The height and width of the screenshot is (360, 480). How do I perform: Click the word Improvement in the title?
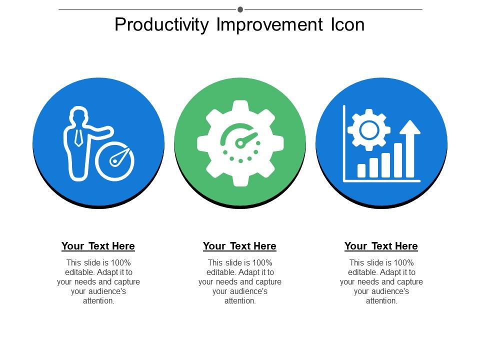tap(269, 24)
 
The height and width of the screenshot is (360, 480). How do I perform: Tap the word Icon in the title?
tap(347, 24)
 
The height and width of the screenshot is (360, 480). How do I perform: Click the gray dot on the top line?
tap(240, 9)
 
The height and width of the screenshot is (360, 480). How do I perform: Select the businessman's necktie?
tap(78, 136)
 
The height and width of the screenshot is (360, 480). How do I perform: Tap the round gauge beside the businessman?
tap(115, 161)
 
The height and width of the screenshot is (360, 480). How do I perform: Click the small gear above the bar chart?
tap(369, 130)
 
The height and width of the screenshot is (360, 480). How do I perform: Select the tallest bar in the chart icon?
tap(398, 160)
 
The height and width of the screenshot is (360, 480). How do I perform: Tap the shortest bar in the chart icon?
tap(361, 170)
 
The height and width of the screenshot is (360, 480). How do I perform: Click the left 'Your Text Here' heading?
tap(98, 246)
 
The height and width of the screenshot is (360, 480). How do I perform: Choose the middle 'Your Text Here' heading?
tap(239, 246)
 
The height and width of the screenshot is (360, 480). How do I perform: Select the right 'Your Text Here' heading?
tap(381, 246)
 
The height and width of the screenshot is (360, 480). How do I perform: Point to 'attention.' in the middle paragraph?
tap(240, 301)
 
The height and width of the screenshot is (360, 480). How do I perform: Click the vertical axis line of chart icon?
tap(344, 142)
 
